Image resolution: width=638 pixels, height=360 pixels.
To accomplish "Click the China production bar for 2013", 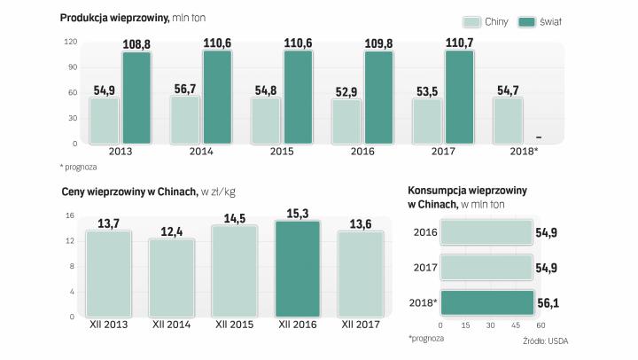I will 105,120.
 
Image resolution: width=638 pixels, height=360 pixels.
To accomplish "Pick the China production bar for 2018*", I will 508,120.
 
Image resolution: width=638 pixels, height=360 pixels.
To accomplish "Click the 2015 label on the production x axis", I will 282,152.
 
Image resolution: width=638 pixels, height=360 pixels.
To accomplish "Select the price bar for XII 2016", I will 298,269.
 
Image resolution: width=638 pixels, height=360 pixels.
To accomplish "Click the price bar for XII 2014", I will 172,278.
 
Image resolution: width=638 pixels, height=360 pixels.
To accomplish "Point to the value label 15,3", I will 298,213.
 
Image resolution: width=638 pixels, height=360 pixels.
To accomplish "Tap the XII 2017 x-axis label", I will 361,325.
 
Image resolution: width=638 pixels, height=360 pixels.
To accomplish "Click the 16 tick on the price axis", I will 70,215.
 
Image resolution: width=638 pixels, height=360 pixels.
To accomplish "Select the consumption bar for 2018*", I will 486,302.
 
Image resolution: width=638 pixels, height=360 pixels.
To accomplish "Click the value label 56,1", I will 548,302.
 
